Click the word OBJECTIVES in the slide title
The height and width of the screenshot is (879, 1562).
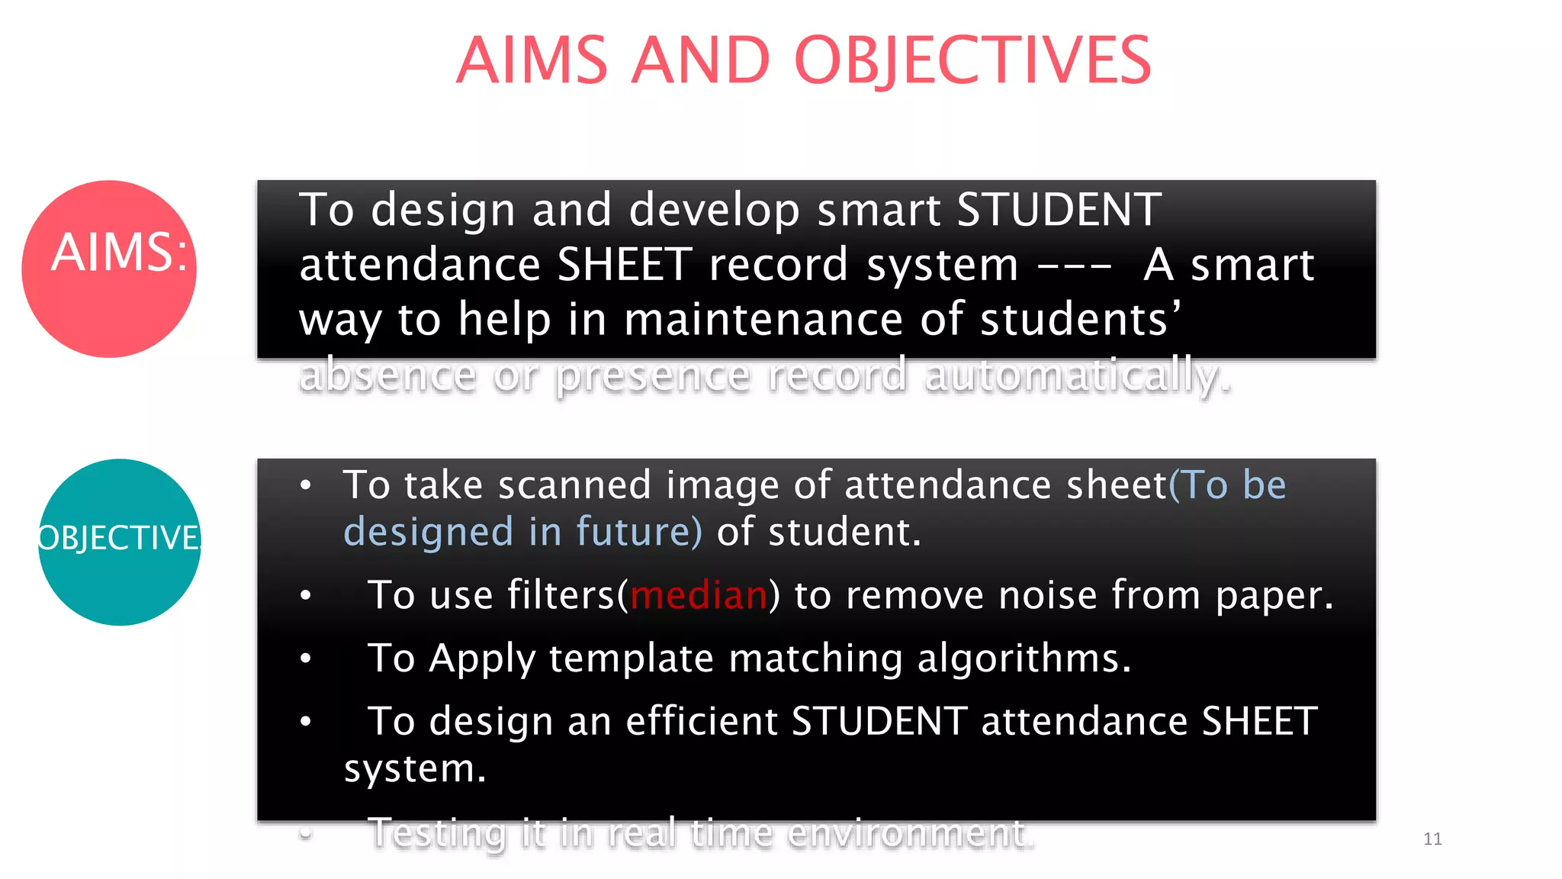[x=972, y=61]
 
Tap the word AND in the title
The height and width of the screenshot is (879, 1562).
[x=701, y=61]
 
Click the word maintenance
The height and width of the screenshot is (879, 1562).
[x=763, y=319]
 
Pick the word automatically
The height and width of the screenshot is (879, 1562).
[x=1077, y=375]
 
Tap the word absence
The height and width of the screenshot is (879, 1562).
[x=387, y=375]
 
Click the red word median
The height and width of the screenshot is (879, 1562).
[x=699, y=595]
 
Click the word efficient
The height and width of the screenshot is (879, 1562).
[x=701, y=721]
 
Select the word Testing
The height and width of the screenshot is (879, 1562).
[x=437, y=832]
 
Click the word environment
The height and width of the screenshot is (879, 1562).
[x=911, y=832]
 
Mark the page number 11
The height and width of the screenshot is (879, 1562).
[x=1432, y=839]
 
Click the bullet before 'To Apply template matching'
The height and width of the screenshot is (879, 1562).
[x=306, y=658]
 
